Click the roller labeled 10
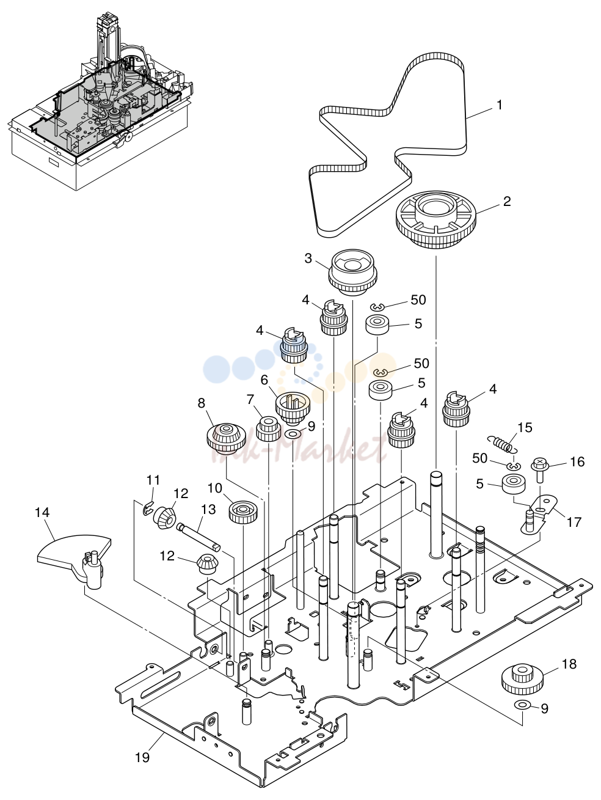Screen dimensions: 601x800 pyautogui.click(x=243, y=512)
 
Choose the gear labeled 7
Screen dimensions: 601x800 pyautogui.click(x=269, y=428)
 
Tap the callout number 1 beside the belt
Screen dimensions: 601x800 pyautogui.click(x=500, y=105)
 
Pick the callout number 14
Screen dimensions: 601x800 pyautogui.click(x=42, y=512)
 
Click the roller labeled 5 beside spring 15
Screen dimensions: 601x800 pyautogui.click(x=514, y=484)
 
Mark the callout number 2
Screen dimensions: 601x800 pyautogui.click(x=507, y=201)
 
